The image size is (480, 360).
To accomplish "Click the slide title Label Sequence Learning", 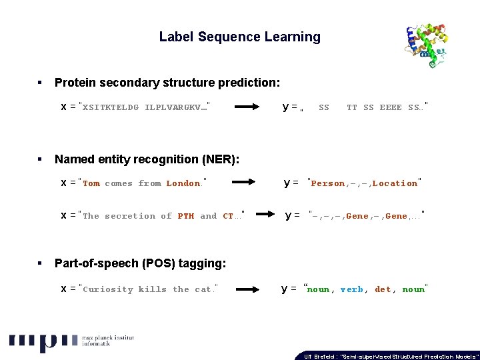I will click(x=239, y=37).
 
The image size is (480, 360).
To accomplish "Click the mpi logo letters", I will click(x=43, y=341).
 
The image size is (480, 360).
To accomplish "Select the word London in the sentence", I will click(x=183, y=183).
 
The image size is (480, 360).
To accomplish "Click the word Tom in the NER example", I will click(x=91, y=183).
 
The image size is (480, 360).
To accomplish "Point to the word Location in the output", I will click(x=395, y=183).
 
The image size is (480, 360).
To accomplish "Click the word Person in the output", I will click(x=328, y=183).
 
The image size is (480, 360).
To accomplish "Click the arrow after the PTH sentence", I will click(x=265, y=215).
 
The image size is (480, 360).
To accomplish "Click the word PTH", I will click(x=186, y=216).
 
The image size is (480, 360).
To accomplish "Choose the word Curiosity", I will click(x=108, y=289).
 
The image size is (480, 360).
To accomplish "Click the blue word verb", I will click(x=352, y=289).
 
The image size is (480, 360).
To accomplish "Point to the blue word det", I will click(x=383, y=289).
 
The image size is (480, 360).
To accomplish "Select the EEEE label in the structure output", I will click(x=391, y=107).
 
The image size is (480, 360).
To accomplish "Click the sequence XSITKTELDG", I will click(x=111, y=107).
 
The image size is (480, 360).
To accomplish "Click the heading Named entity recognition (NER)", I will click(x=147, y=159).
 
